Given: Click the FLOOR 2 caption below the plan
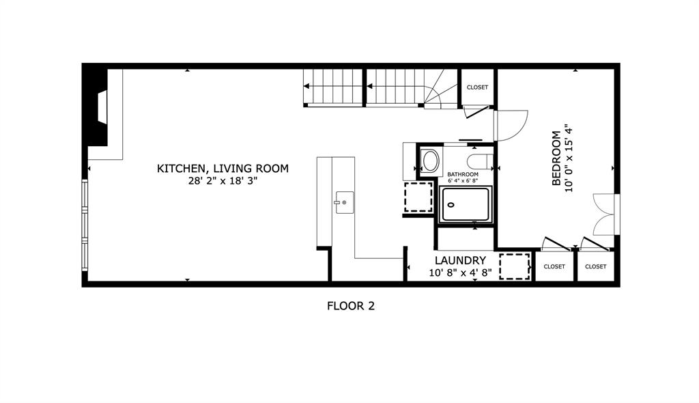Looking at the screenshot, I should coord(350,306).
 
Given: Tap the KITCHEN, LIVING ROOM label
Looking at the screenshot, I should coord(223,168).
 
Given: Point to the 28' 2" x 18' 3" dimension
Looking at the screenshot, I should coord(223,181).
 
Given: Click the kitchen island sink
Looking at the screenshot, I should coord(343,202).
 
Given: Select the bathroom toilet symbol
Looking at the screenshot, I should coord(480,161).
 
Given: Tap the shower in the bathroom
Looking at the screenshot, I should coord(466,204).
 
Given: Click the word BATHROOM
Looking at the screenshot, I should coord(463,175).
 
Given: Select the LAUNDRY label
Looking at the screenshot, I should coord(460,260).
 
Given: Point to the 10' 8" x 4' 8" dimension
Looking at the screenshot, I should coord(460,272).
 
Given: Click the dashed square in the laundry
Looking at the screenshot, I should coord(515,266).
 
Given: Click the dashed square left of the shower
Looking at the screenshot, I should coord(418,197).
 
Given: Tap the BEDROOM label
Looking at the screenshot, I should coord(556,158).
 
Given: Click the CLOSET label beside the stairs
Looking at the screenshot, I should coord(477,87).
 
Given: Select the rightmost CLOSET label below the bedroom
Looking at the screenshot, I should coord(595,266).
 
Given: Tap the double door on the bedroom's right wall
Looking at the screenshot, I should coord(606,214).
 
